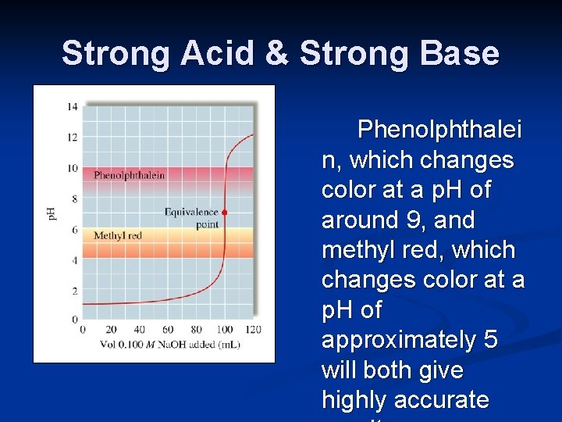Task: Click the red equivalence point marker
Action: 224,213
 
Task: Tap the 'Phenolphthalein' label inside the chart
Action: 130,175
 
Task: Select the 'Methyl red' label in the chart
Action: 117,235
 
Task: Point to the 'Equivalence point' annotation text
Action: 192,218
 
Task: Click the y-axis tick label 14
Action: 72,106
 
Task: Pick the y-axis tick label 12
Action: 72,138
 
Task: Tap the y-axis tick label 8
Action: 74,198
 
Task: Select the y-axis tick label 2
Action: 74,291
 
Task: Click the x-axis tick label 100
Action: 225,330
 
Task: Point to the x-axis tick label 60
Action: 168,330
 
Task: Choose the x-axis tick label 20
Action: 111,330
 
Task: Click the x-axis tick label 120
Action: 253,330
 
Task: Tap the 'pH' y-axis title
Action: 52,213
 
